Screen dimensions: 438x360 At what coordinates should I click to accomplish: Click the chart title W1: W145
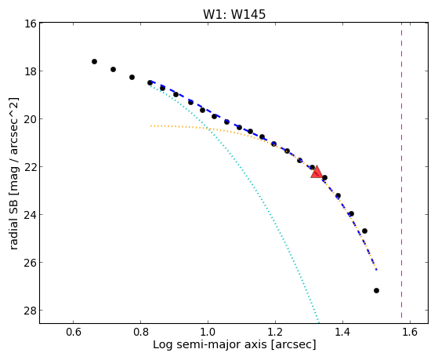234,14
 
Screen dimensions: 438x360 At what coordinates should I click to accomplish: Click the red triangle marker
317,173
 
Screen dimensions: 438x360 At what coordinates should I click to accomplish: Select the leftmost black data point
94,61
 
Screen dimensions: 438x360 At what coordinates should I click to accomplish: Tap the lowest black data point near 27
376,291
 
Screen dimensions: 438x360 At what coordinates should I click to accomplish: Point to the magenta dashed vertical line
401,170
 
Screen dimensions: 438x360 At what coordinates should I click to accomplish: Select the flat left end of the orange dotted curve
151,126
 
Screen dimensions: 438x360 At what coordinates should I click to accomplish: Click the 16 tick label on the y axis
30,24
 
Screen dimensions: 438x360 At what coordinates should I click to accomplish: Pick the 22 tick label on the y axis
30,167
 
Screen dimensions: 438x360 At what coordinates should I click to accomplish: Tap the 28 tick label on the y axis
30,311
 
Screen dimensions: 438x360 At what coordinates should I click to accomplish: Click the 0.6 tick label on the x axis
73,332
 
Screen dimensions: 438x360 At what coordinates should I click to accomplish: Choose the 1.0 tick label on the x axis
208,332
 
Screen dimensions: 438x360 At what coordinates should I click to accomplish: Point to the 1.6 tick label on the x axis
410,332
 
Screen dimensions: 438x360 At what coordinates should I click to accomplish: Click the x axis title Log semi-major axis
211,345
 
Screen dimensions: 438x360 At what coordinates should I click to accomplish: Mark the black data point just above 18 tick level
113,69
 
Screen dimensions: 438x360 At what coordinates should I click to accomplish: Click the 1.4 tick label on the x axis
342,332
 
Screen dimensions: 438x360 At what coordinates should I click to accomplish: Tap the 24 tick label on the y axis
30,215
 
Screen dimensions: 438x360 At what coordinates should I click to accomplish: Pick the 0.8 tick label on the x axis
140,332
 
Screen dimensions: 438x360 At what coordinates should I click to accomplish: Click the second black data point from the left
113,69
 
